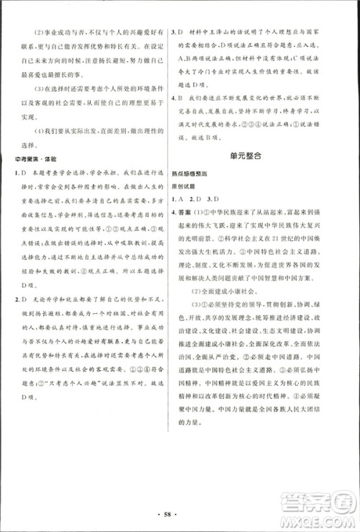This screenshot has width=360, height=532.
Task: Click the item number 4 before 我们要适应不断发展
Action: point(176,94)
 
